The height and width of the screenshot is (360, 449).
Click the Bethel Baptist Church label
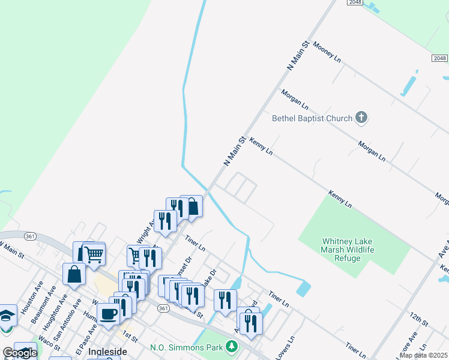[312, 118]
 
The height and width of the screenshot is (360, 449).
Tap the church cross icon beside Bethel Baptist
[361, 118]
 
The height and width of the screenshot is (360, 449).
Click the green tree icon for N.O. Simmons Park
[231, 346]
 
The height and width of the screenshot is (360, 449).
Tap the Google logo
[19, 353]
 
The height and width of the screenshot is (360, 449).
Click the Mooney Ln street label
[327, 52]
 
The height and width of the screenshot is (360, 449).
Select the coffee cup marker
[109, 314]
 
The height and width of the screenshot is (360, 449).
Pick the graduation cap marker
[7, 316]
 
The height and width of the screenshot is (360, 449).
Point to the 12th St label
[419, 319]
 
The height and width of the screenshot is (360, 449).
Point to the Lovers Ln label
[285, 348]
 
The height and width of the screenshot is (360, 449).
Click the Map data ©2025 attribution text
[424, 355]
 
